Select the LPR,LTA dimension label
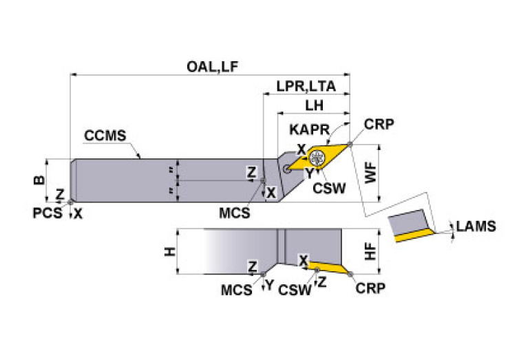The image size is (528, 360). [306, 87]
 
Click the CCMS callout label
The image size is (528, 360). [105, 135]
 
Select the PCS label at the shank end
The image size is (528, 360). [47, 213]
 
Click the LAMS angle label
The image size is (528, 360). [476, 226]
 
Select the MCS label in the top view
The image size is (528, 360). [235, 213]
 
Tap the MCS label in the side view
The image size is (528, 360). [236, 290]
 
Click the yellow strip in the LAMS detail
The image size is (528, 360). [414, 236]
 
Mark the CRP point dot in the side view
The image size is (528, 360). [351, 275]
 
